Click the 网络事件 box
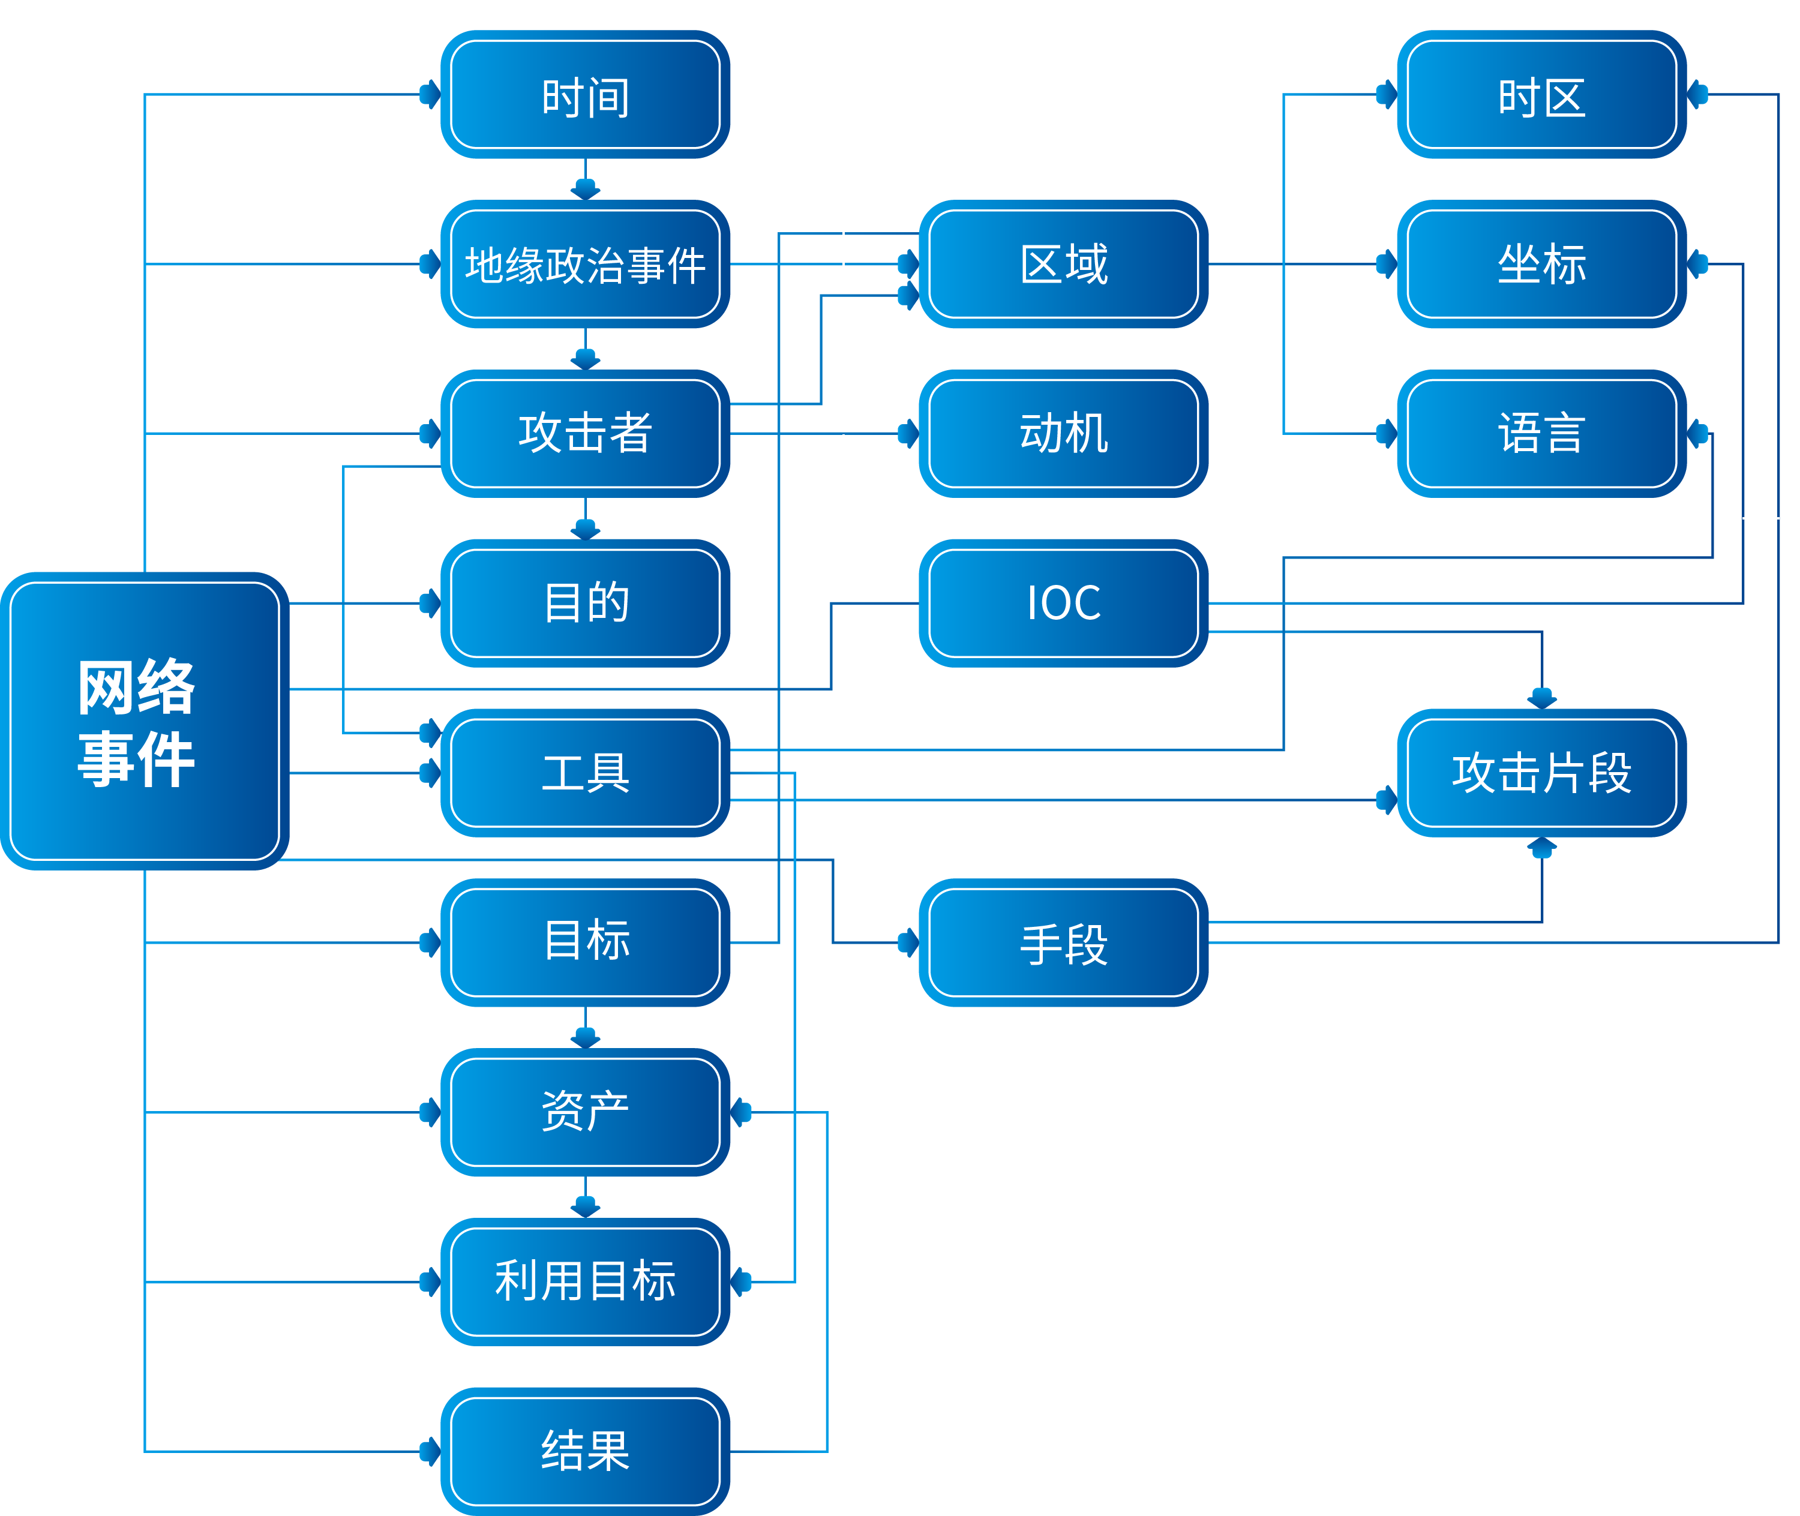coord(145,721)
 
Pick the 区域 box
coord(1063,264)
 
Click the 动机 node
coord(1063,433)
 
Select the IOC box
coord(1063,602)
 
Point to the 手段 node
coord(1063,942)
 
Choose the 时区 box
coord(1541,95)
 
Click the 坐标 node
coord(1541,264)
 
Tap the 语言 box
coord(1541,433)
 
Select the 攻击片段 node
coord(1541,771)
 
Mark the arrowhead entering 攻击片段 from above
coord(1541,698)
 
